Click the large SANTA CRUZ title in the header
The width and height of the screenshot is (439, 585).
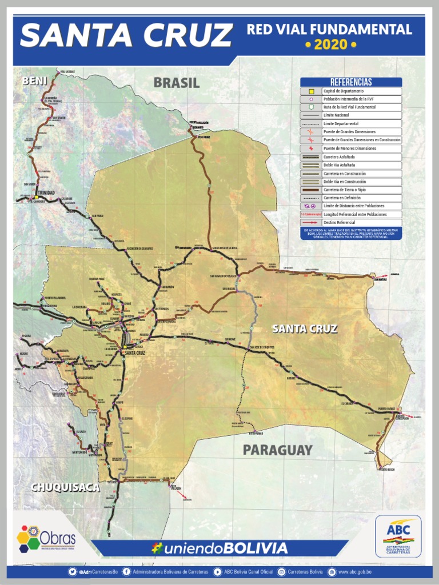(x=126, y=35)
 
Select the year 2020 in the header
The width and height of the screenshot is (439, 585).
(x=330, y=44)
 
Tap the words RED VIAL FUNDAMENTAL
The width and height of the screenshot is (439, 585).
(x=329, y=30)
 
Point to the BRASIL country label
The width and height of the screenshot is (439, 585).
(x=176, y=83)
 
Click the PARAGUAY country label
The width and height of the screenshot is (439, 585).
(x=278, y=450)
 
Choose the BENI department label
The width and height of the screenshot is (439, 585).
(x=34, y=82)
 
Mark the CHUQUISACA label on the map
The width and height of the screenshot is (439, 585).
(x=65, y=487)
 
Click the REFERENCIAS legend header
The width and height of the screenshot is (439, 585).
(x=351, y=82)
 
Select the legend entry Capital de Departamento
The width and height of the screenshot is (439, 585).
(x=343, y=91)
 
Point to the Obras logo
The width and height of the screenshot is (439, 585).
(x=46, y=537)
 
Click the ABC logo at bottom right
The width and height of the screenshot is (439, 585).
(x=398, y=536)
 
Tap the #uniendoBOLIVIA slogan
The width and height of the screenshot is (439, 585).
(x=219, y=548)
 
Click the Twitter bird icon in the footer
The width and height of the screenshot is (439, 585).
(x=73, y=572)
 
